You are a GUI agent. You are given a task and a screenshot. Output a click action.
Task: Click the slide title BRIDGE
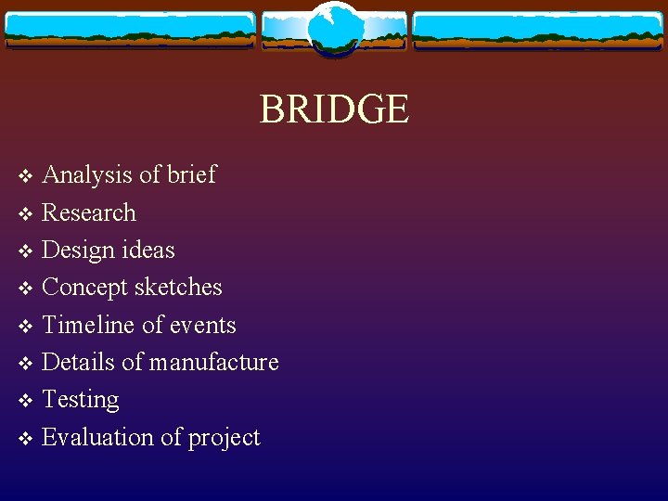[334, 109]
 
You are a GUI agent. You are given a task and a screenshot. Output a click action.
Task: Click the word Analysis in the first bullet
[88, 174]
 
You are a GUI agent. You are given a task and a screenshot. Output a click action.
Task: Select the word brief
[192, 174]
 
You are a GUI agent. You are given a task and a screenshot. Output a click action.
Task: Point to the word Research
[89, 212]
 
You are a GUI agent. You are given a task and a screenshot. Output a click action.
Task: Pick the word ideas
[148, 250]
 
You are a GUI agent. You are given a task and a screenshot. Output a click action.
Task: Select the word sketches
[178, 288]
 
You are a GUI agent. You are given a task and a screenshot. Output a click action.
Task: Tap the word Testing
[81, 400]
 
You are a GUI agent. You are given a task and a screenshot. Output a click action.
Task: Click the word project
[224, 438]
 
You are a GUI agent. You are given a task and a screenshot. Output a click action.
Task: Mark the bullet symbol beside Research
[26, 214]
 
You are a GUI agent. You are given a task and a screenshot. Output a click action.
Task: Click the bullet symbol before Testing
[26, 401]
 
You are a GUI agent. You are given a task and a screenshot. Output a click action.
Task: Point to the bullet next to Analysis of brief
[26, 176]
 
